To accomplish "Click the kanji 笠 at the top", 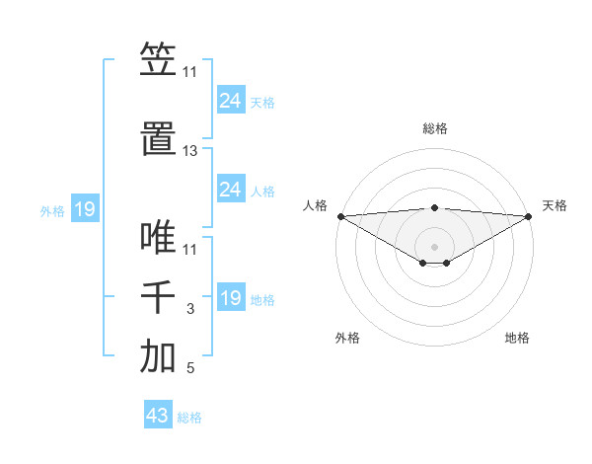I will pos(158,60).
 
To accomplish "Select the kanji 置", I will pos(158,140).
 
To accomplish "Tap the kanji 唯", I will pos(158,239).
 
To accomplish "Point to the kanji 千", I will pos(158,299).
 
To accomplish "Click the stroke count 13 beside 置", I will pos(190,152).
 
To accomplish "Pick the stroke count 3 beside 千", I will pos(190,310).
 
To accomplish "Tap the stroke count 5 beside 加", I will pos(190,369).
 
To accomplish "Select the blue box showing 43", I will pos(157,416).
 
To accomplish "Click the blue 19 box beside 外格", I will pos(84,209).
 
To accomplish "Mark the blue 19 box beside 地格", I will pos(230,298).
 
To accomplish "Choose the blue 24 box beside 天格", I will pos(230,101).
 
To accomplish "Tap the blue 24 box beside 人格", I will pos(230,190).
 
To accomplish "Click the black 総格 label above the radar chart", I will pos(435,128).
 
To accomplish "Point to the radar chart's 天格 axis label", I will pos(555,205).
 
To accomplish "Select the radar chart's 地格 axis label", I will pos(517,339).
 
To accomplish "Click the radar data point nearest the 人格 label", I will pos(340,215).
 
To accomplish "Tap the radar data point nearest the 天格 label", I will pos(529,215).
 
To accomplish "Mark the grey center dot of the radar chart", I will pos(434,246).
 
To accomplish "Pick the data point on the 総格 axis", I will pos(434,207).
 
